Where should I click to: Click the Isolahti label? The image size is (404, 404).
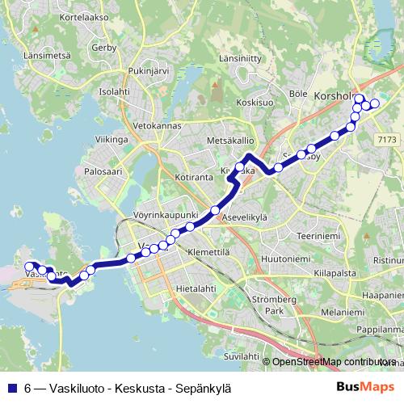click(114, 91)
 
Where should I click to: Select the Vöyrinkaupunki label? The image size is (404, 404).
click(166, 215)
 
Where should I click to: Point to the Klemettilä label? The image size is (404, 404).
click(208, 253)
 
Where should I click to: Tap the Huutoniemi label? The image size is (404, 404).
click(286, 259)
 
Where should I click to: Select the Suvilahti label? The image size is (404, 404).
click(243, 355)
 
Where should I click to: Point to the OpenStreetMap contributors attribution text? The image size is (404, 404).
click(336, 361)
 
